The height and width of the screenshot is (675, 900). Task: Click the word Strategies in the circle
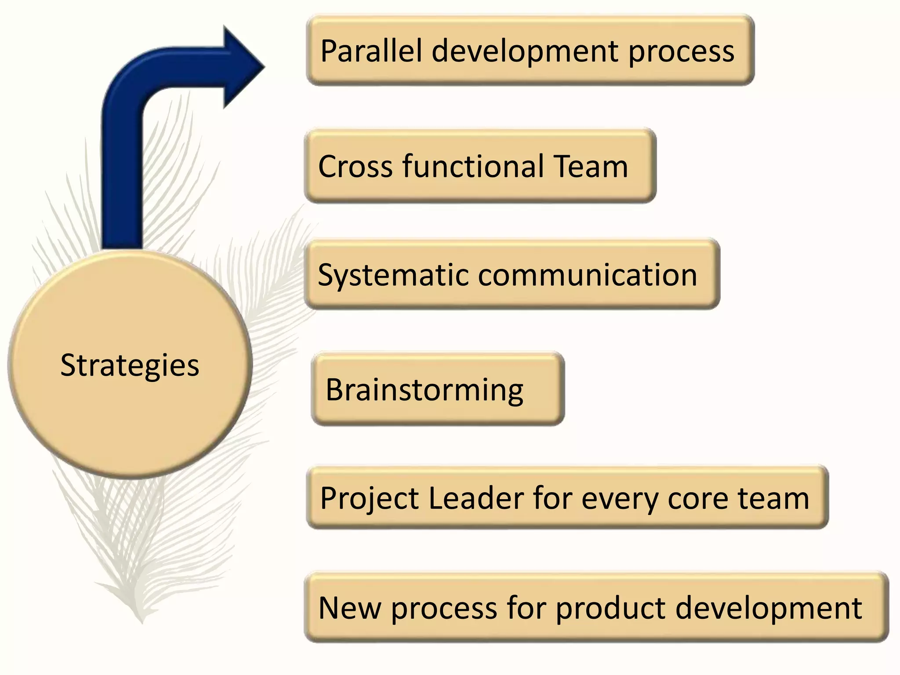[130, 365]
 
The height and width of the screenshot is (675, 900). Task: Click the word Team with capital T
[591, 167]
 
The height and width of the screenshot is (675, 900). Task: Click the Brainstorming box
[437, 389]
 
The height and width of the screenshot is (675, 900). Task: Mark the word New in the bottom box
[350, 608]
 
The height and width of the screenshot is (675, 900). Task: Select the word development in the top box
[525, 52]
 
